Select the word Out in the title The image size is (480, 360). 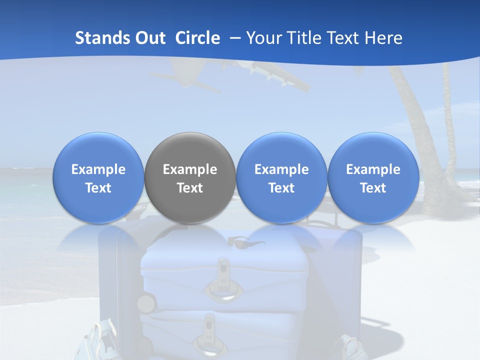coord(149,38)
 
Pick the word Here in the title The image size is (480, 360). coord(384,38)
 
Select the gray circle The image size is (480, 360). coord(190,178)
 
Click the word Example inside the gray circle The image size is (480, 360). coord(190,169)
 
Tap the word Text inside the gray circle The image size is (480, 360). coord(190,188)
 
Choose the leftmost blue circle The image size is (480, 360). coord(98,178)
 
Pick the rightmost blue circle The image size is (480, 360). coord(373,178)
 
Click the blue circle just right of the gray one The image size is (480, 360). coord(281,178)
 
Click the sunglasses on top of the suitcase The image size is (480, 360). coord(246,242)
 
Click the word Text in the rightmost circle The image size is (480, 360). coord(373,188)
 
